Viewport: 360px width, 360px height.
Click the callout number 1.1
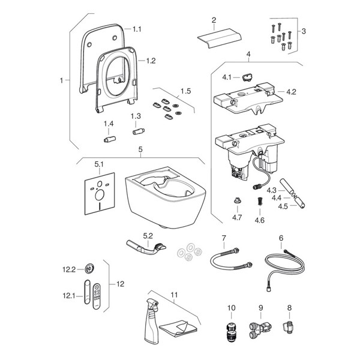pyautogui.click(x=137, y=29)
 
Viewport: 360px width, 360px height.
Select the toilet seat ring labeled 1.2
pyautogui.click(x=99, y=80)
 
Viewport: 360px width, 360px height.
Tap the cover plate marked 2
pyautogui.click(x=219, y=38)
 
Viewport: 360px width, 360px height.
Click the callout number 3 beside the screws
pyautogui.click(x=304, y=31)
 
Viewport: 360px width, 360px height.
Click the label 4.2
pyautogui.click(x=291, y=92)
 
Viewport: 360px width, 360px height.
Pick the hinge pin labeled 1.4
pyautogui.click(x=110, y=139)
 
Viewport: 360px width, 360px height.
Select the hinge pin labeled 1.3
pyautogui.click(x=139, y=131)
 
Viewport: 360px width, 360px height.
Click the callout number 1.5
pyautogui.click(x=185, y=91)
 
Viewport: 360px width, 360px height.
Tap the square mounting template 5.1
pyautogui.click(x=100, y=194)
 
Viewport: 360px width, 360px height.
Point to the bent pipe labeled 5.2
pyautogui.click(x=146, y=248)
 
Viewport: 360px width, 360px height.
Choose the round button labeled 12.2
pyautogui.click(x=89, y=269)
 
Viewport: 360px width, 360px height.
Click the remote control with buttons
pyautogui.click(x=97, y=296)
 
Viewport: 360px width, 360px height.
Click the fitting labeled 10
pyautogui.click(x=231, y=332)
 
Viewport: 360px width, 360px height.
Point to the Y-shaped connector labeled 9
pyautogui.click(x=260, y=329)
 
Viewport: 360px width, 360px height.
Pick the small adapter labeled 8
pyautogui.click(x=287, y=326)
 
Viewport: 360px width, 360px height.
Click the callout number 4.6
pyautogui.click(x=259, y=220)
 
